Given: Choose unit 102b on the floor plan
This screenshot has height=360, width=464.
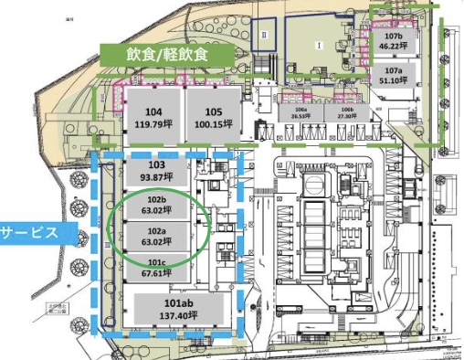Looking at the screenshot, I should [155, 204].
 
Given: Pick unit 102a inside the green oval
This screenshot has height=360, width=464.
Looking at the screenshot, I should [155, 237].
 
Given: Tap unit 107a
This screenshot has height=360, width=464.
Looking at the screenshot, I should [394, 75].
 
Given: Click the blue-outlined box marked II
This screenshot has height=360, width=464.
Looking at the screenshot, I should [265, 35].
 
